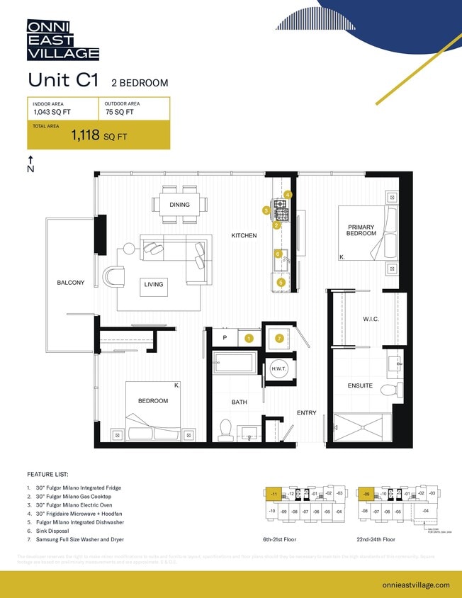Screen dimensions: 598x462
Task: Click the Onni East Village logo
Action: point(62,40)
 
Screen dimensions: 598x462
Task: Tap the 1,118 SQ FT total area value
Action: point(98,136)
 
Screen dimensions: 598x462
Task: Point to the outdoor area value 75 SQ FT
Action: point(119,112)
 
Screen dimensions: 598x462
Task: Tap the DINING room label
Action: point(179,205)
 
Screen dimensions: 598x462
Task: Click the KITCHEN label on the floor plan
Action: point(244,235)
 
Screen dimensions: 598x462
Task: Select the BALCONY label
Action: point(71,283)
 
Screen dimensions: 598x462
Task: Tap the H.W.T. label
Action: point(278,369)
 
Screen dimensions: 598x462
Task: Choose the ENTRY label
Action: point(306,413)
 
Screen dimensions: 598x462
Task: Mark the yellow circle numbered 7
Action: point(279,339)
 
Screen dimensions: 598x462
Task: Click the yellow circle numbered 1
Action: point(249,339)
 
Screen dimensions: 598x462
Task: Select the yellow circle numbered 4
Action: point(288,194)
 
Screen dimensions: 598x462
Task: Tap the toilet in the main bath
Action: point(226,428)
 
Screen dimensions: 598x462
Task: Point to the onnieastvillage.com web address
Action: point(415,585)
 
